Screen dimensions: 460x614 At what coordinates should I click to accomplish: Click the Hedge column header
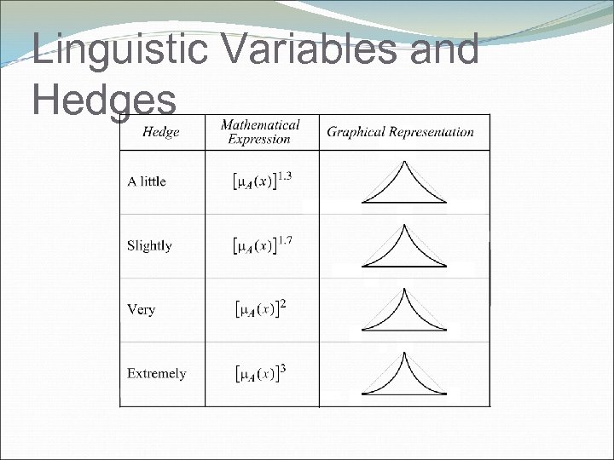point(161,131)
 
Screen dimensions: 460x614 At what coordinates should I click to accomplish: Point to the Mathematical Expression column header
point(260,131)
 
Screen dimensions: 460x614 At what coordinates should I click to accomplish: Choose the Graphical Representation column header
point(401,131)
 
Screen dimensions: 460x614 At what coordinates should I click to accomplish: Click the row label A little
point(147,181)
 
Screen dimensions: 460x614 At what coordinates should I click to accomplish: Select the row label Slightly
point(149,245)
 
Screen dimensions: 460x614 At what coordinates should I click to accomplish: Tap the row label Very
point(141,309)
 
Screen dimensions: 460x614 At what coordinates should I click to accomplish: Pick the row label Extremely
point(156,373)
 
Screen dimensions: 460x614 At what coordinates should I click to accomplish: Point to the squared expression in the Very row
point(259,308)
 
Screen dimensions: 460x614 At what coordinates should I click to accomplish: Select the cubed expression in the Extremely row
point(259,373)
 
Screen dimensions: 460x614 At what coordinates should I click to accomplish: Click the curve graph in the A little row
point(403,184)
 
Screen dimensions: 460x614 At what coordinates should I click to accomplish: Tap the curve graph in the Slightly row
point(403,247)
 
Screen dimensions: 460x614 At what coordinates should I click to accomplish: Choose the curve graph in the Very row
point(403,311)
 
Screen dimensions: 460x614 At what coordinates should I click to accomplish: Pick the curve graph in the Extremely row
point(403,375)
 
